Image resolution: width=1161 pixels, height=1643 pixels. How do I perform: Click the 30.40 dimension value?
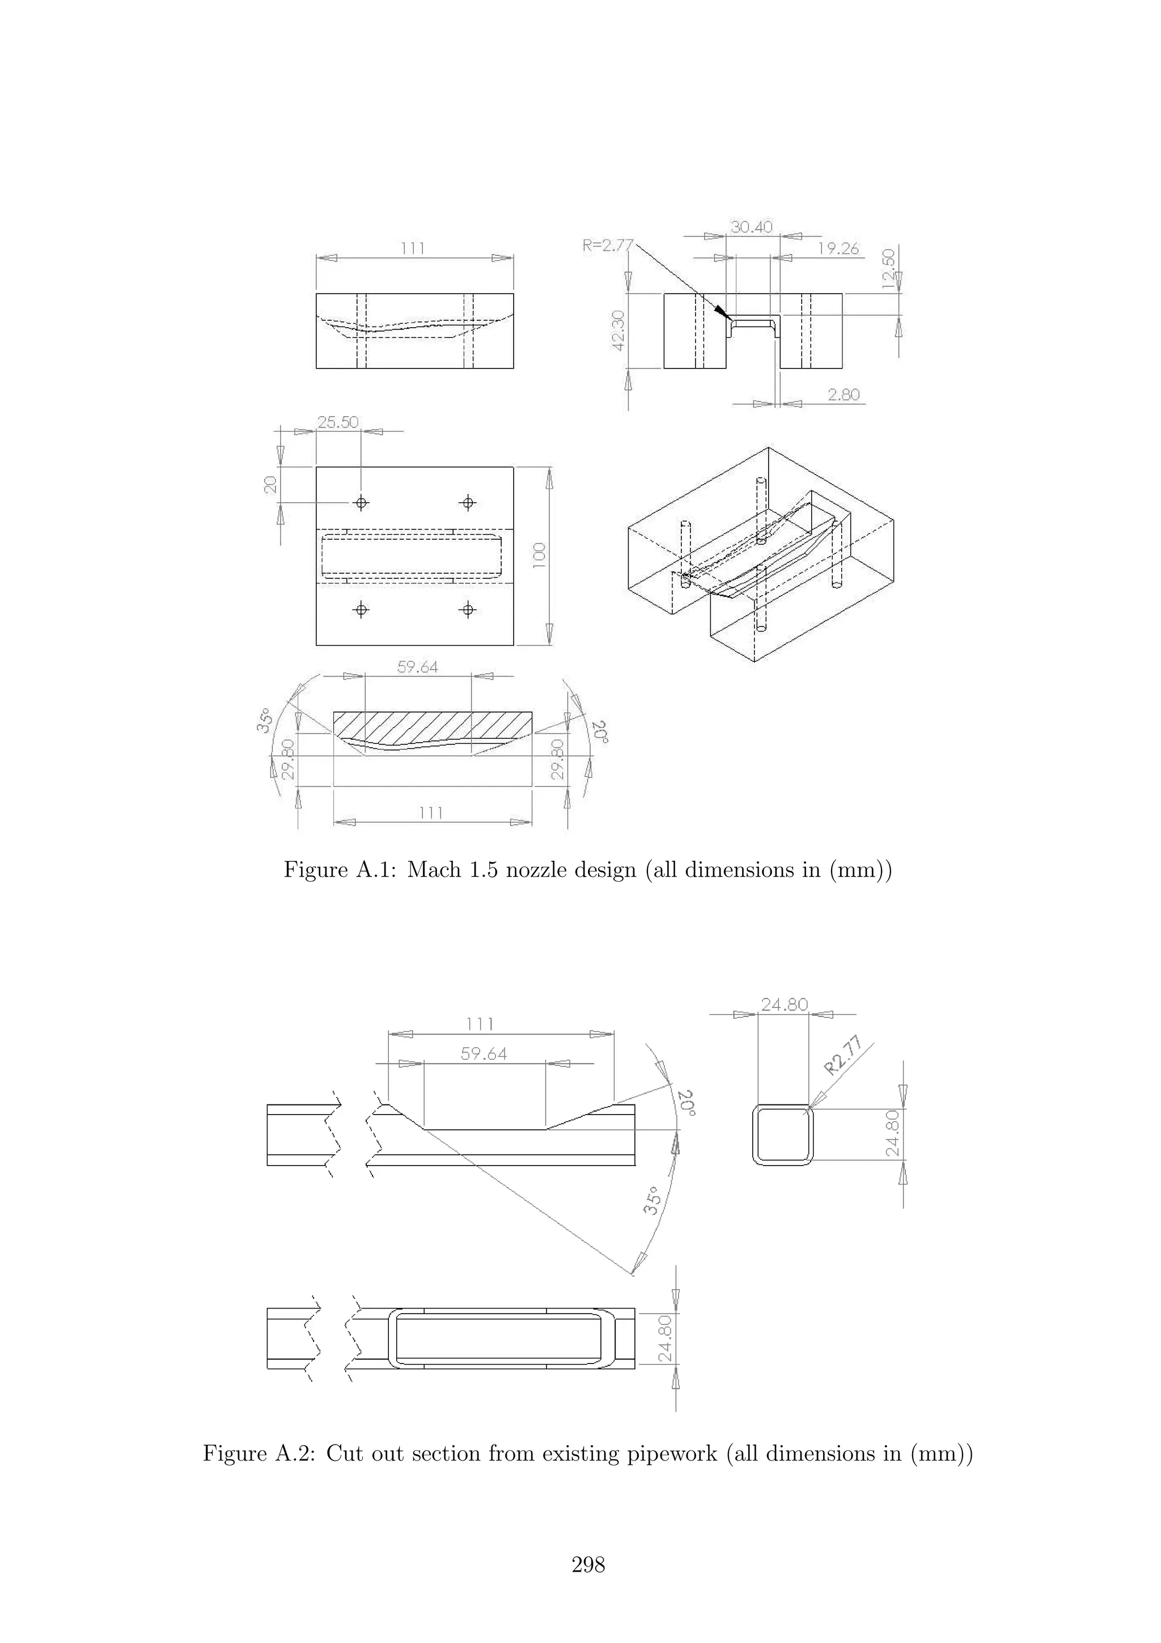click(751, 227)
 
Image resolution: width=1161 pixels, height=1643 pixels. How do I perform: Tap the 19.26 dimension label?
click(838, 248)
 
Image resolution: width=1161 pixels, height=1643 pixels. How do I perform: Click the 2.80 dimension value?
click(844, 394)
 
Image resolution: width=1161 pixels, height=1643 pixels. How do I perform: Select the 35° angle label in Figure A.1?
click(265, 720)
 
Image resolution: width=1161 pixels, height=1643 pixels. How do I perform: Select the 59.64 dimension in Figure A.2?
click(484, 1054)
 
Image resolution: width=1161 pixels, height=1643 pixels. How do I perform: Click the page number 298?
click(588, 1564)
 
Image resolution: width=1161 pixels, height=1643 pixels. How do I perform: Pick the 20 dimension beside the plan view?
click(270, 485)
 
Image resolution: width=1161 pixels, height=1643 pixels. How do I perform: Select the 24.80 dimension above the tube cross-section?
click(784, 1005)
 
